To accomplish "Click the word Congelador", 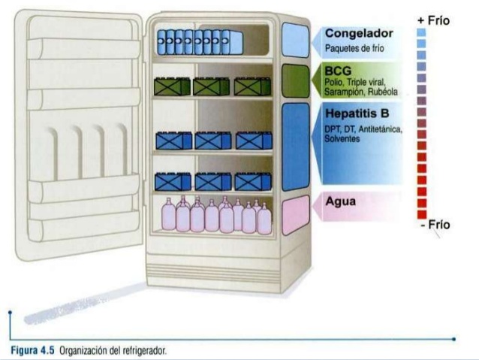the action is coord(359,33).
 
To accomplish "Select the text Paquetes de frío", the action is coord(354,48).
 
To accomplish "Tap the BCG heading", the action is coord(338,71).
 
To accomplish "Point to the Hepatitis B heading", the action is coord(357,113).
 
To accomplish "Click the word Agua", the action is coord(341,201).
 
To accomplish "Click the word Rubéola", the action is coord(383,92).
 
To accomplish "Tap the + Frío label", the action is coord(433,21).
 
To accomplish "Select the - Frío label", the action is coord(435,225).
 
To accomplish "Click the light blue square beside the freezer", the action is coord(295,40).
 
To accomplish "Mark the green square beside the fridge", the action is coord(295,80).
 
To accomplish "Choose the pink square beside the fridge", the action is coord(295,215).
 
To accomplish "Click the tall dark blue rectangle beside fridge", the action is coord(295,147).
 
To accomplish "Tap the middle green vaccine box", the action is coord(211,86).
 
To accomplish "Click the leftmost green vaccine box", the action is coord(172,86).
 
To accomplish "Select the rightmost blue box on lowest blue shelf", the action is coord(253,182).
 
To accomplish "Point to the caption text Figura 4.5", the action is coord(32,350).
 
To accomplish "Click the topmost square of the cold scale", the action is coord(421,32).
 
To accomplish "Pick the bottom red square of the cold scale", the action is coord(422,215).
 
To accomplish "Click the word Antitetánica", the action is coord(381,129).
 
